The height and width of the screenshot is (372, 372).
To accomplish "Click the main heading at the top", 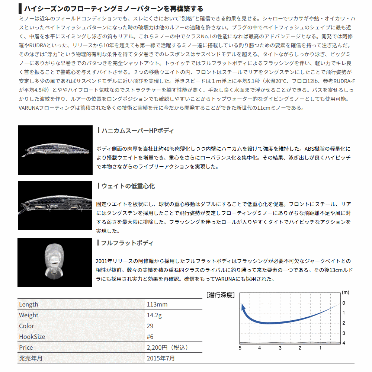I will pyautogui.click(x=113, y=9).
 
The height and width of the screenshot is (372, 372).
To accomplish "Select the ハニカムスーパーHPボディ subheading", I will pyautogui.click(x=135, y=131).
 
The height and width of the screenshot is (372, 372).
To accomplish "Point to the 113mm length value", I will pyautogui.click(x=157, y=304).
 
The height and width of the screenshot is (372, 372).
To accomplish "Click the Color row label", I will pyautogui.click(x=26, y=326).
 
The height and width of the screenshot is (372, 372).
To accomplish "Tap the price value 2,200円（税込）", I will pyautogui.click(x=167, y=347).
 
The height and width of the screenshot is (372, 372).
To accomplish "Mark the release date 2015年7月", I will pyautogui.click(x=161, y=358).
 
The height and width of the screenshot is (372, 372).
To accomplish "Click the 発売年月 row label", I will pyautogui.click(x=31, y=358).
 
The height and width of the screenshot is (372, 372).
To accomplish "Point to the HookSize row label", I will pyautogui.click(x=32, y=337).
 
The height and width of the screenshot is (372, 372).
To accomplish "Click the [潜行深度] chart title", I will pyautogui.click(x=221, y=295).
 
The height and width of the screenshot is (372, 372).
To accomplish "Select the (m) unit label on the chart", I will pyautogui.click(x=345, y=293).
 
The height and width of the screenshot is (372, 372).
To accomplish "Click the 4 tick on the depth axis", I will pyautogui.click(x=344, y=343).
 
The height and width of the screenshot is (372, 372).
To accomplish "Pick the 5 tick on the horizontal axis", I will pyautogui.click(x=240, y=348).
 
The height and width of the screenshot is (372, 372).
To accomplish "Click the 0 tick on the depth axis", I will pyautogui.click(x=344, y=303).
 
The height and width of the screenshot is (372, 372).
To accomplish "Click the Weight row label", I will pyautogui.click(x=29, y=315).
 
